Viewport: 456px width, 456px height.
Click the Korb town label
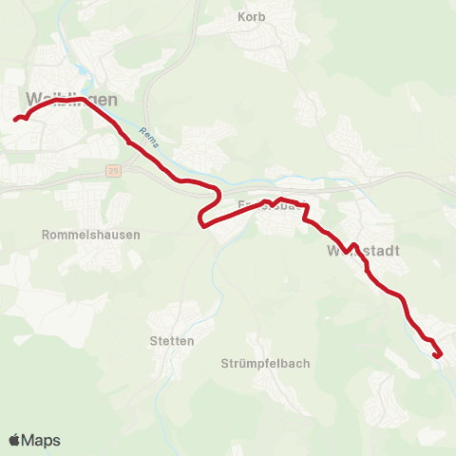click(x=252, y=17)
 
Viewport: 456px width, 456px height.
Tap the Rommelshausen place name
click(x=91, y=235)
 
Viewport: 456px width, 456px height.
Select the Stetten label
click(x=172, y=340)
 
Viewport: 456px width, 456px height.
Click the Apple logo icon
click(x=15, y=440)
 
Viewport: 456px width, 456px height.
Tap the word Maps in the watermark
click(x=42, y=440)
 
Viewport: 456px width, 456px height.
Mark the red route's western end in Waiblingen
click(x=16, y=120)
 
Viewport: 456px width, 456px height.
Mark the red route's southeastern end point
click(x=437, y=356)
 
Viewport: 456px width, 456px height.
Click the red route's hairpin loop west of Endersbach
click(x=200, y=221)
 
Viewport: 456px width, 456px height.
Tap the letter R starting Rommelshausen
click(x=47, y=235)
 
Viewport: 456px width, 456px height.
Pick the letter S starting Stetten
click(x=154, y=340)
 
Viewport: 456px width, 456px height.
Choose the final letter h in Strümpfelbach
click(x=307, y=364)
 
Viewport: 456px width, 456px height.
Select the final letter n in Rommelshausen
click(x=137, y=235)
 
